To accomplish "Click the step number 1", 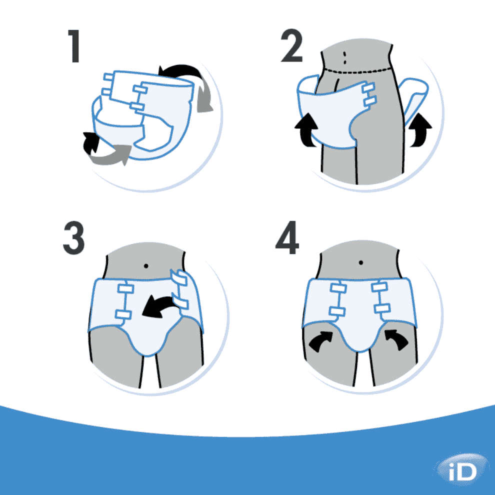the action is [x=74, y=46].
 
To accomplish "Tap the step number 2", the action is [x=291, y=45].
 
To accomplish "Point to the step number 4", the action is [x=287, y=237].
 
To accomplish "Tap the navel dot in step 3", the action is [x=146, y=266].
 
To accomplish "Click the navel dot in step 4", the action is [x=361, y=262].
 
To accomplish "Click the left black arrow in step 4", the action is [x=320, y=341].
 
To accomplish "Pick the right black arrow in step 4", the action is [x=397, y=339].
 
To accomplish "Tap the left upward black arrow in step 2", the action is [x=306, y=130].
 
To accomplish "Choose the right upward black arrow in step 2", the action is [x=420, y=130].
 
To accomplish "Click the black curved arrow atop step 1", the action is [x=180, y=71].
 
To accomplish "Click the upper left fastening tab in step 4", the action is [x=338, y=288].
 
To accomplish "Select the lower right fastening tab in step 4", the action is [x=382, y=308].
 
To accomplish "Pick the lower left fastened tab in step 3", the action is [x=123, y=314].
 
